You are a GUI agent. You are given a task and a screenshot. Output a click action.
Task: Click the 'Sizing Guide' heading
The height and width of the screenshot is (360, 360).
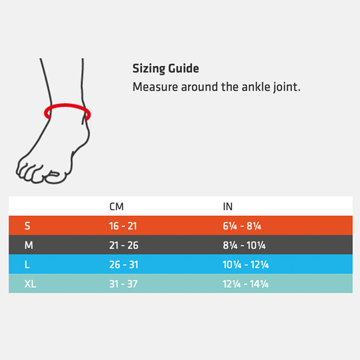[x=165, y=68]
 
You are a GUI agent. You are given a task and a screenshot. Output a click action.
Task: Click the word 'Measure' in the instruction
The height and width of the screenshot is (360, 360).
[x=155, y=87]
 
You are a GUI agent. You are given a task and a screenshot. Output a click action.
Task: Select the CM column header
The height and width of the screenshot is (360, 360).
[x=116, y=207]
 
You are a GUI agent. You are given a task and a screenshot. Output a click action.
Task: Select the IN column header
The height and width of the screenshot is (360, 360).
[x=227, y=207]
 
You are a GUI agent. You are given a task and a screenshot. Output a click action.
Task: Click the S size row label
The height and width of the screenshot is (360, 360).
[x=27, y=226]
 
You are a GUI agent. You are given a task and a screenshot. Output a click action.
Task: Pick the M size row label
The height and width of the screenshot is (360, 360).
[x=28, y=245]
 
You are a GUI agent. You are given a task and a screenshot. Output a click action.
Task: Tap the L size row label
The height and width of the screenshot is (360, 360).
[x=27, y=265]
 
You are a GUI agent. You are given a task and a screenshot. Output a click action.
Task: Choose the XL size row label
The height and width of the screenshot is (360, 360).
[x=30, y=284]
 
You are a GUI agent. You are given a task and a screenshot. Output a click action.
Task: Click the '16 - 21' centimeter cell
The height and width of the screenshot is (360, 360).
[x=123, y=226]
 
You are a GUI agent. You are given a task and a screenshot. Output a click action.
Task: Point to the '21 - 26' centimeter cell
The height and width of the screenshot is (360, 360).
[x=124, y=245]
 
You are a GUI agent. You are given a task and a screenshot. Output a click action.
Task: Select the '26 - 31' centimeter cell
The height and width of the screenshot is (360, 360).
[x=124, y=265]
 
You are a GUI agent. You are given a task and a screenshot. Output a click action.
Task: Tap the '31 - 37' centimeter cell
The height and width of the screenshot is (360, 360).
[x=123, y=284]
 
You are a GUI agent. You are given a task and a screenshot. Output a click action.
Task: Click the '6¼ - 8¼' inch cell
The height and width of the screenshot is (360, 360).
[x=242, y=226]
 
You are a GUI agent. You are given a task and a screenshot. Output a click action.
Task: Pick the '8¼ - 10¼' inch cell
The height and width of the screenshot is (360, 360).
[x=244, y=245]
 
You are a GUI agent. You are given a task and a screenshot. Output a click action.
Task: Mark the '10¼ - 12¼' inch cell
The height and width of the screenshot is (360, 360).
[x=245, y=265]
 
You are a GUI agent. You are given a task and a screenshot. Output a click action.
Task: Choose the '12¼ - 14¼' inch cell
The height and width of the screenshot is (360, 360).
[x=245, y=284]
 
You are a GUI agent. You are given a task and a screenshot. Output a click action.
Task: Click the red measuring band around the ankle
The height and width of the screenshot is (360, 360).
[x=67, y=105]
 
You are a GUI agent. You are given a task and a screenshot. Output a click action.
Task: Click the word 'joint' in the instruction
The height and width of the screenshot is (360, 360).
[x=287, y=87]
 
